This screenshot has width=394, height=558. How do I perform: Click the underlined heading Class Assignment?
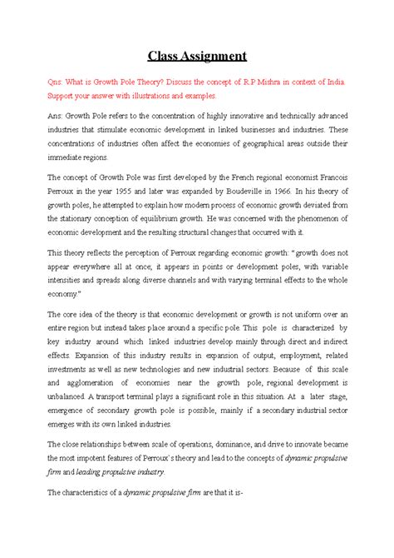(197, 57)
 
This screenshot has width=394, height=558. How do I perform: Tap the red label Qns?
(57, 84)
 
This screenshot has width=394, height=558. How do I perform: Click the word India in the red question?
(332, 84)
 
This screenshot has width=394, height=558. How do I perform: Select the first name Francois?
(323, 177)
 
